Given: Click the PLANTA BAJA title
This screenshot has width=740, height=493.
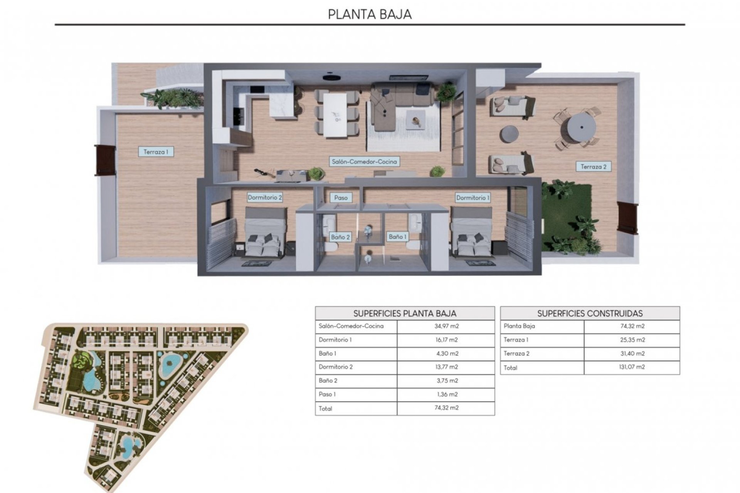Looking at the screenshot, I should click(370, 14).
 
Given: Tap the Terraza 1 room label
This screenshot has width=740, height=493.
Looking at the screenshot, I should click(156, 152).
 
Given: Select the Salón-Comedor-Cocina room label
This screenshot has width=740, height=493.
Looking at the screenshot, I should click(364, 162).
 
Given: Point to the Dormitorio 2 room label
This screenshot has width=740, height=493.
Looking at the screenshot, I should click(265, 198).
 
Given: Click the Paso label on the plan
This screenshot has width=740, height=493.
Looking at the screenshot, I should click(341, 198).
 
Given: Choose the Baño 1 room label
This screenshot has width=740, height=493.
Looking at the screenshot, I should click(397, 236).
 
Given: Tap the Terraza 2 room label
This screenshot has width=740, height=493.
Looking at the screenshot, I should click(593, 167).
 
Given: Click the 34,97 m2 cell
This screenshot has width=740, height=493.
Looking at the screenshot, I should click(446, 326).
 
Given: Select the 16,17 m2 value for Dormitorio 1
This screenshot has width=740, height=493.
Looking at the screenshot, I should click(446, 340).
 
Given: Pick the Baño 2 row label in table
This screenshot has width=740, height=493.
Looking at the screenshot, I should click(328, 381).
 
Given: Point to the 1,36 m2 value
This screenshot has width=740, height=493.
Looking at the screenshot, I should click(446, 394).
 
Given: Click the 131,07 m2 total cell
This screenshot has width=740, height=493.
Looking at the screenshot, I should click(632, 367).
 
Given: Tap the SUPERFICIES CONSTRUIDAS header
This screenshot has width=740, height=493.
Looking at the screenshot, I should click(590, 314).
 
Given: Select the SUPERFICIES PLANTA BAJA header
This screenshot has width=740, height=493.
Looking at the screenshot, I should click(405, 314).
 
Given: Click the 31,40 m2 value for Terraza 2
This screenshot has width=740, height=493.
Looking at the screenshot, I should click(632, 354).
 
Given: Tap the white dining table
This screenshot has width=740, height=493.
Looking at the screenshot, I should click(335, 116).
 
